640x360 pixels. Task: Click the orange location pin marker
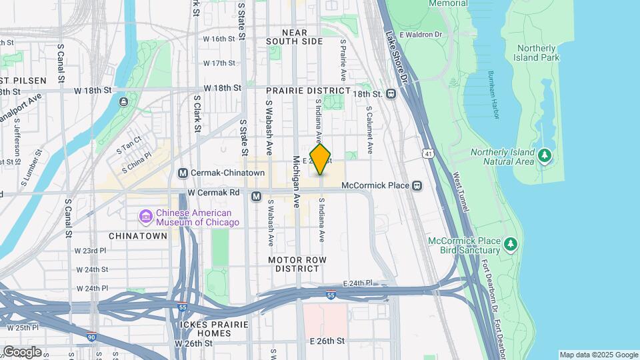[x=321, y=159]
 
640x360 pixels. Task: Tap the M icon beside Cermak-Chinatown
[x=183, y=173]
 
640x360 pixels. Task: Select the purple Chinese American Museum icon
[x=145, y=217]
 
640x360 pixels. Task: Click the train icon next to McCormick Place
[x=417, y=185]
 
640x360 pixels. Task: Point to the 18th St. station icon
[x=391, y=94]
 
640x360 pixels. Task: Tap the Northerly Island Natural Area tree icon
[x=545, y=155]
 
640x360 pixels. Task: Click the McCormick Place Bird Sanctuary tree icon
[x=511, y=244]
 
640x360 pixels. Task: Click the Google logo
[x=21, y=351]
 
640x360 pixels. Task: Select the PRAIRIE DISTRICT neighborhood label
[x=308, y=91]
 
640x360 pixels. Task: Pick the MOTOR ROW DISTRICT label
[x=294, y=263]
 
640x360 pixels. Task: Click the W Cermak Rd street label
[x=213, y=193]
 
